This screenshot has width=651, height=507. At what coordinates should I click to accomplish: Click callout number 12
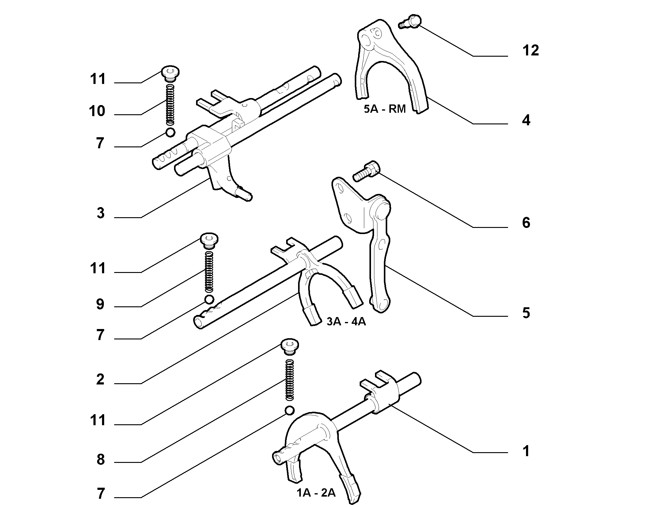(531, 51)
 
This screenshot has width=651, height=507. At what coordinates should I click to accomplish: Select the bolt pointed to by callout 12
(410, 21)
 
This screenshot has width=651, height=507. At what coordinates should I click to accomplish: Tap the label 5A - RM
(385, 109)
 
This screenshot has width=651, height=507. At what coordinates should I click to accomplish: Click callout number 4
(526, 120)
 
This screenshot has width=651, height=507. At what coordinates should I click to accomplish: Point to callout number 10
(97, 111)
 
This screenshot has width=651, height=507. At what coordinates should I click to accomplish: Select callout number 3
(100, 213)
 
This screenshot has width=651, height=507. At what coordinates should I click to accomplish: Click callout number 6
(526, 223)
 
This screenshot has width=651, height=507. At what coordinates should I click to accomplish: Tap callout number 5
(526, 313)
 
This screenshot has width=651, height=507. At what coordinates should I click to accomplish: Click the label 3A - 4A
(346, 322)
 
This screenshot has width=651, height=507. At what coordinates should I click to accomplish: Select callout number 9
(100, 304)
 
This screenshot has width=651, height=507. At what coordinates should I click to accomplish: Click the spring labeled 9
(209, 271)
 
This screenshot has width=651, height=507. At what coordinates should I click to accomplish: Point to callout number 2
(100, 380)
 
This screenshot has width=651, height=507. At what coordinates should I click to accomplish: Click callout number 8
(100, 460)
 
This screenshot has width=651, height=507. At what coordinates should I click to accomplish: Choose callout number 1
(526, 451)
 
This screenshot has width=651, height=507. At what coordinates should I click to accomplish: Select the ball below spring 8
(290, 410)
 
